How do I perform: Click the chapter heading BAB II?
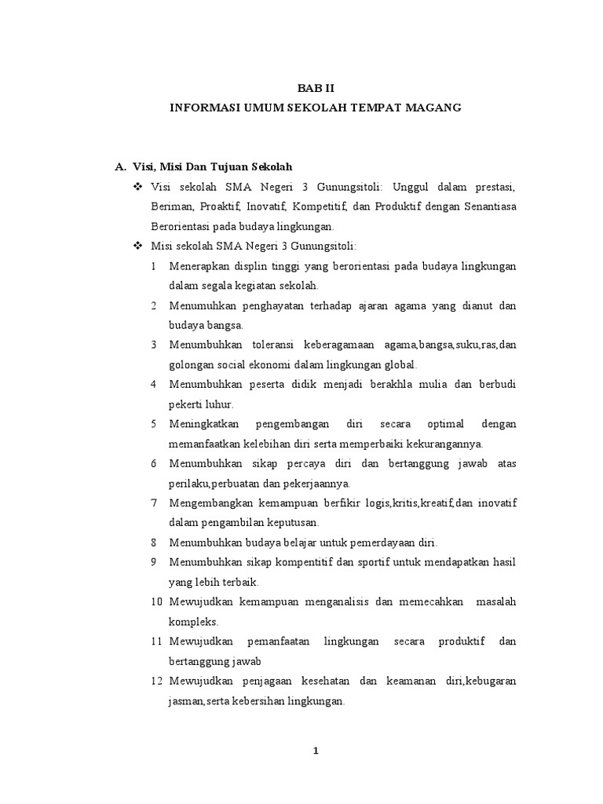click(x=315, y=89)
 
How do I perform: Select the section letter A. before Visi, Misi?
click(x=120, y=166)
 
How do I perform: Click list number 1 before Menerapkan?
click(x=155, y=266)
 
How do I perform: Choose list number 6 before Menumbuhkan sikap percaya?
click(x=155, y=463)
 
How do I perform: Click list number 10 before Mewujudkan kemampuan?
click(x=155, y=601)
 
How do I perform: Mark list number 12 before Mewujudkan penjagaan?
click(x=155, y=680)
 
